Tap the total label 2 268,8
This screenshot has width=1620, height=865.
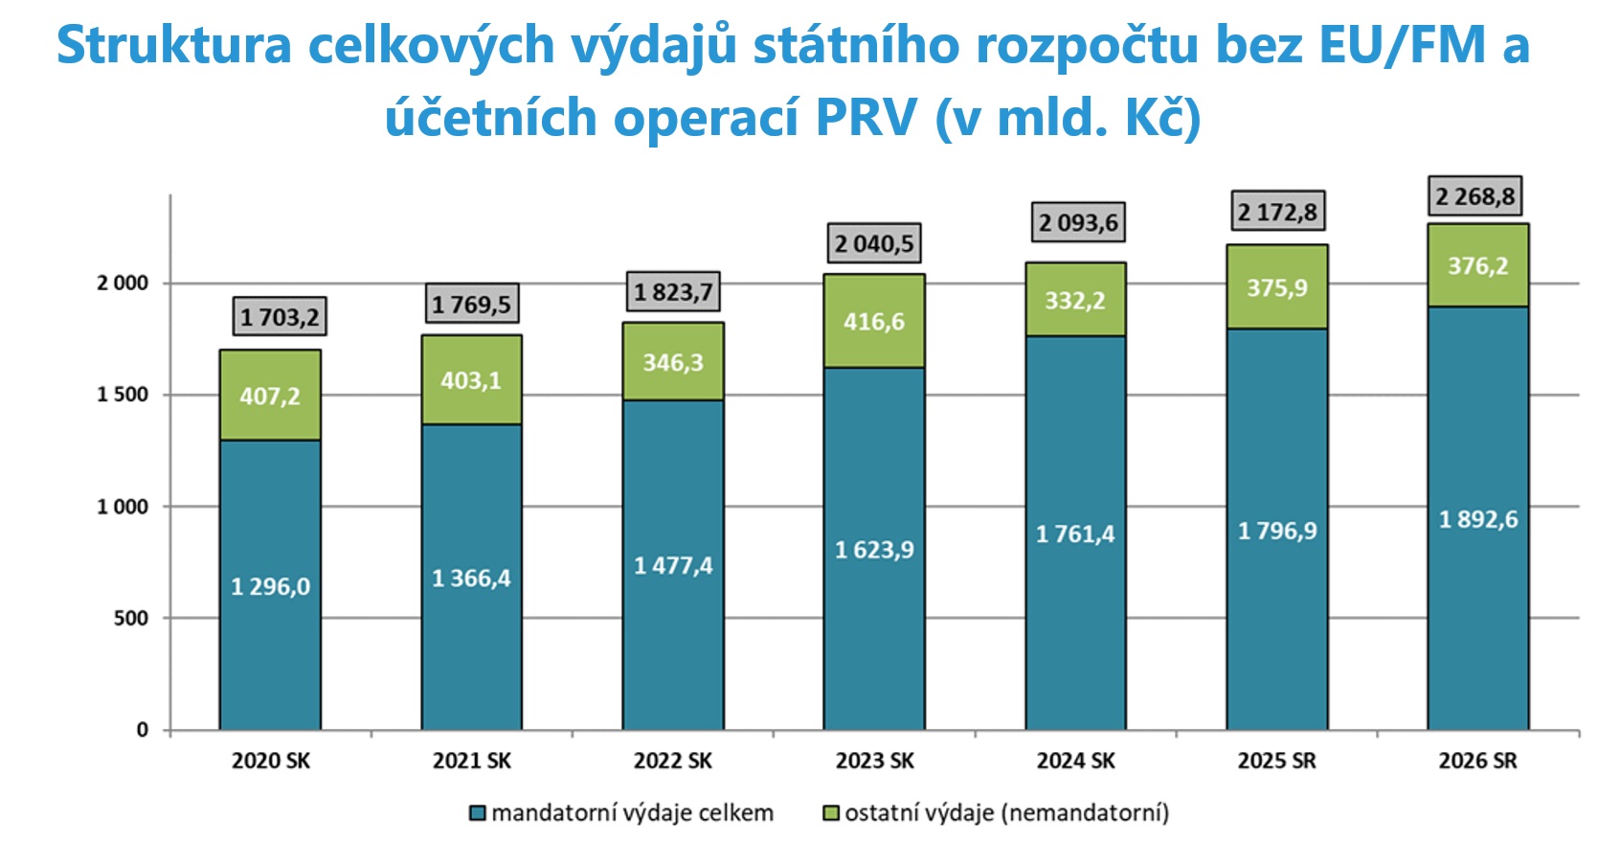[x=1474, y=197]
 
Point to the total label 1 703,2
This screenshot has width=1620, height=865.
[x=280, y=317]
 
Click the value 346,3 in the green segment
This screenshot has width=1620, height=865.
[x=673, y=363]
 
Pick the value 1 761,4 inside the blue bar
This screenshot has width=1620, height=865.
[x=1075, y=534]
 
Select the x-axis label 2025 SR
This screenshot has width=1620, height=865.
[x=1276, y=761]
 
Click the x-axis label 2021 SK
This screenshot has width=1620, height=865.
[x=471, y=761]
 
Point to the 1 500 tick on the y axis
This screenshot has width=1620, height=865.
[x=123, y=395]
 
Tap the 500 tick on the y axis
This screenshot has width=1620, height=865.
[x=131, y=618]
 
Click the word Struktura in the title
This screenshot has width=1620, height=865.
[x=173, y=45]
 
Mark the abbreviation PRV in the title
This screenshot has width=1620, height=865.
[x=866, y=118]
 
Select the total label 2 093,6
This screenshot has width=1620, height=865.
[x=1078, y=223]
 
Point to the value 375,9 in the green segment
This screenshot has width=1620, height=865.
[x=1276, y=288]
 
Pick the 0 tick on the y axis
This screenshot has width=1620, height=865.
[x=143, y=730]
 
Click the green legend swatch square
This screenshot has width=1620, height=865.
[x=831, y=813]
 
